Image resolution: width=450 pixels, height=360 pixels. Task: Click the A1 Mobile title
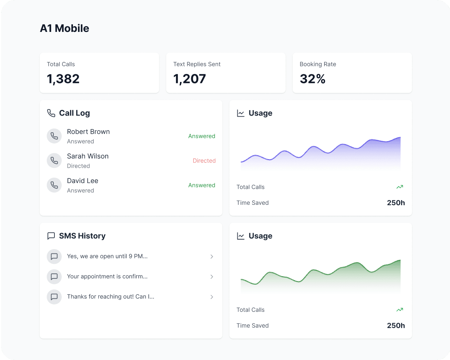click(65, 28)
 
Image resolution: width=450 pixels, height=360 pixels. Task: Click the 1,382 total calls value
click(63, 79)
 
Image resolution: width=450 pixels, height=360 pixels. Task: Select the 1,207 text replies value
click(189, 79)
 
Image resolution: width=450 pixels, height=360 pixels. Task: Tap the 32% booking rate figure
click(312, 79)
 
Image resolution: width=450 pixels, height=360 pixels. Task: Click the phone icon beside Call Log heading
click(51, 113)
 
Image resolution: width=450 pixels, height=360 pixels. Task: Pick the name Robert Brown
click(88, 132)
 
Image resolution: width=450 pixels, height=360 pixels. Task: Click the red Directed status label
click(204, 161)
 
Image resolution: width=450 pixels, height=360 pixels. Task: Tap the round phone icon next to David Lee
click(54, 185)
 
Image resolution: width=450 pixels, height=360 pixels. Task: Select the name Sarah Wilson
click(87, 156)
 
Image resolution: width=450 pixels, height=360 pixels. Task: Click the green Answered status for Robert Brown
click(201, 136)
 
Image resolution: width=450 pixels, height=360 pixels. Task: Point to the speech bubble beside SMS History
click(51, 236)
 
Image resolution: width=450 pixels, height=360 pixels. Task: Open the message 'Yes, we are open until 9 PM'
click(107, 256)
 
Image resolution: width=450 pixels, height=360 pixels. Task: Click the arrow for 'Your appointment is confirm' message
click(212, 277)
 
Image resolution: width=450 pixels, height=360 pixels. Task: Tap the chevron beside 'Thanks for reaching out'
click(212, 297)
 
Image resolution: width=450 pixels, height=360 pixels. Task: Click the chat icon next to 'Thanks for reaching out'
click(54, 297)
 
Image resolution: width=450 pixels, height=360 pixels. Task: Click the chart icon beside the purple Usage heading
click(241, 113)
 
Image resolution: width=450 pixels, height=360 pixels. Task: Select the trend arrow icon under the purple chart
click(400, 187)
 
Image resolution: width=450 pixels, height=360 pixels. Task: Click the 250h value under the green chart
click(396, 326)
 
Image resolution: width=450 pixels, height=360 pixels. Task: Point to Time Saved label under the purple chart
click(253, 203)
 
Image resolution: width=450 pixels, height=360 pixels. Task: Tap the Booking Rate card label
click(318, 64)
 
